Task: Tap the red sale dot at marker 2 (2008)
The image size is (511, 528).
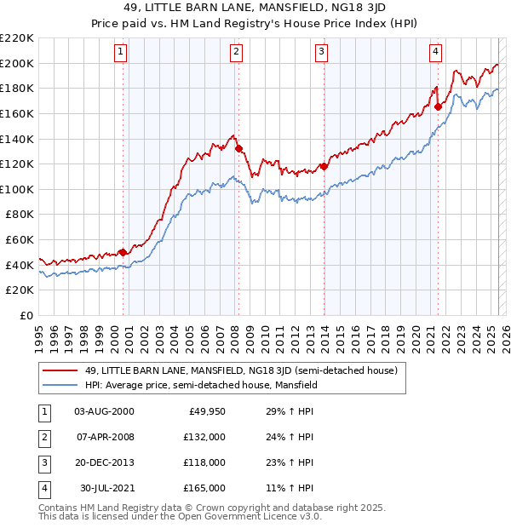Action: (x=238, y=148)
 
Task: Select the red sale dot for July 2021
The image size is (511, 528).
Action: (x=439, y=106)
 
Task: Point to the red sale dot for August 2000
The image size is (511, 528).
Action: (x=123, y=252)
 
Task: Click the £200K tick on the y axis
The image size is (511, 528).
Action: (x=17, y=63)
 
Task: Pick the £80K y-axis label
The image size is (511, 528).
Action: (x=20, y=215)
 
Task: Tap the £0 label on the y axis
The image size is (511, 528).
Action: (x=26, y=315)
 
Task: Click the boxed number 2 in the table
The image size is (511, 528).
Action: (x=43, y=436)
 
